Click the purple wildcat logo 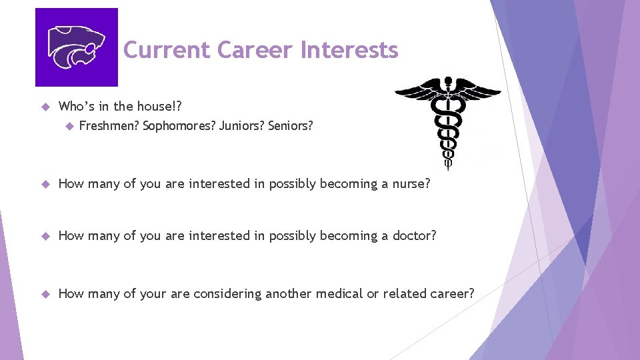tap(76, 47)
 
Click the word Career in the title tap(256, 50)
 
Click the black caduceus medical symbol tap(448, 120)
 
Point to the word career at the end tap(455, 293)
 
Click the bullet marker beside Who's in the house tap(45, 107)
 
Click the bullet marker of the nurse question tap(45, 185)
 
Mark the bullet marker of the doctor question tap(45, 236)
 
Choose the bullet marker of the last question tap(45, 294)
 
